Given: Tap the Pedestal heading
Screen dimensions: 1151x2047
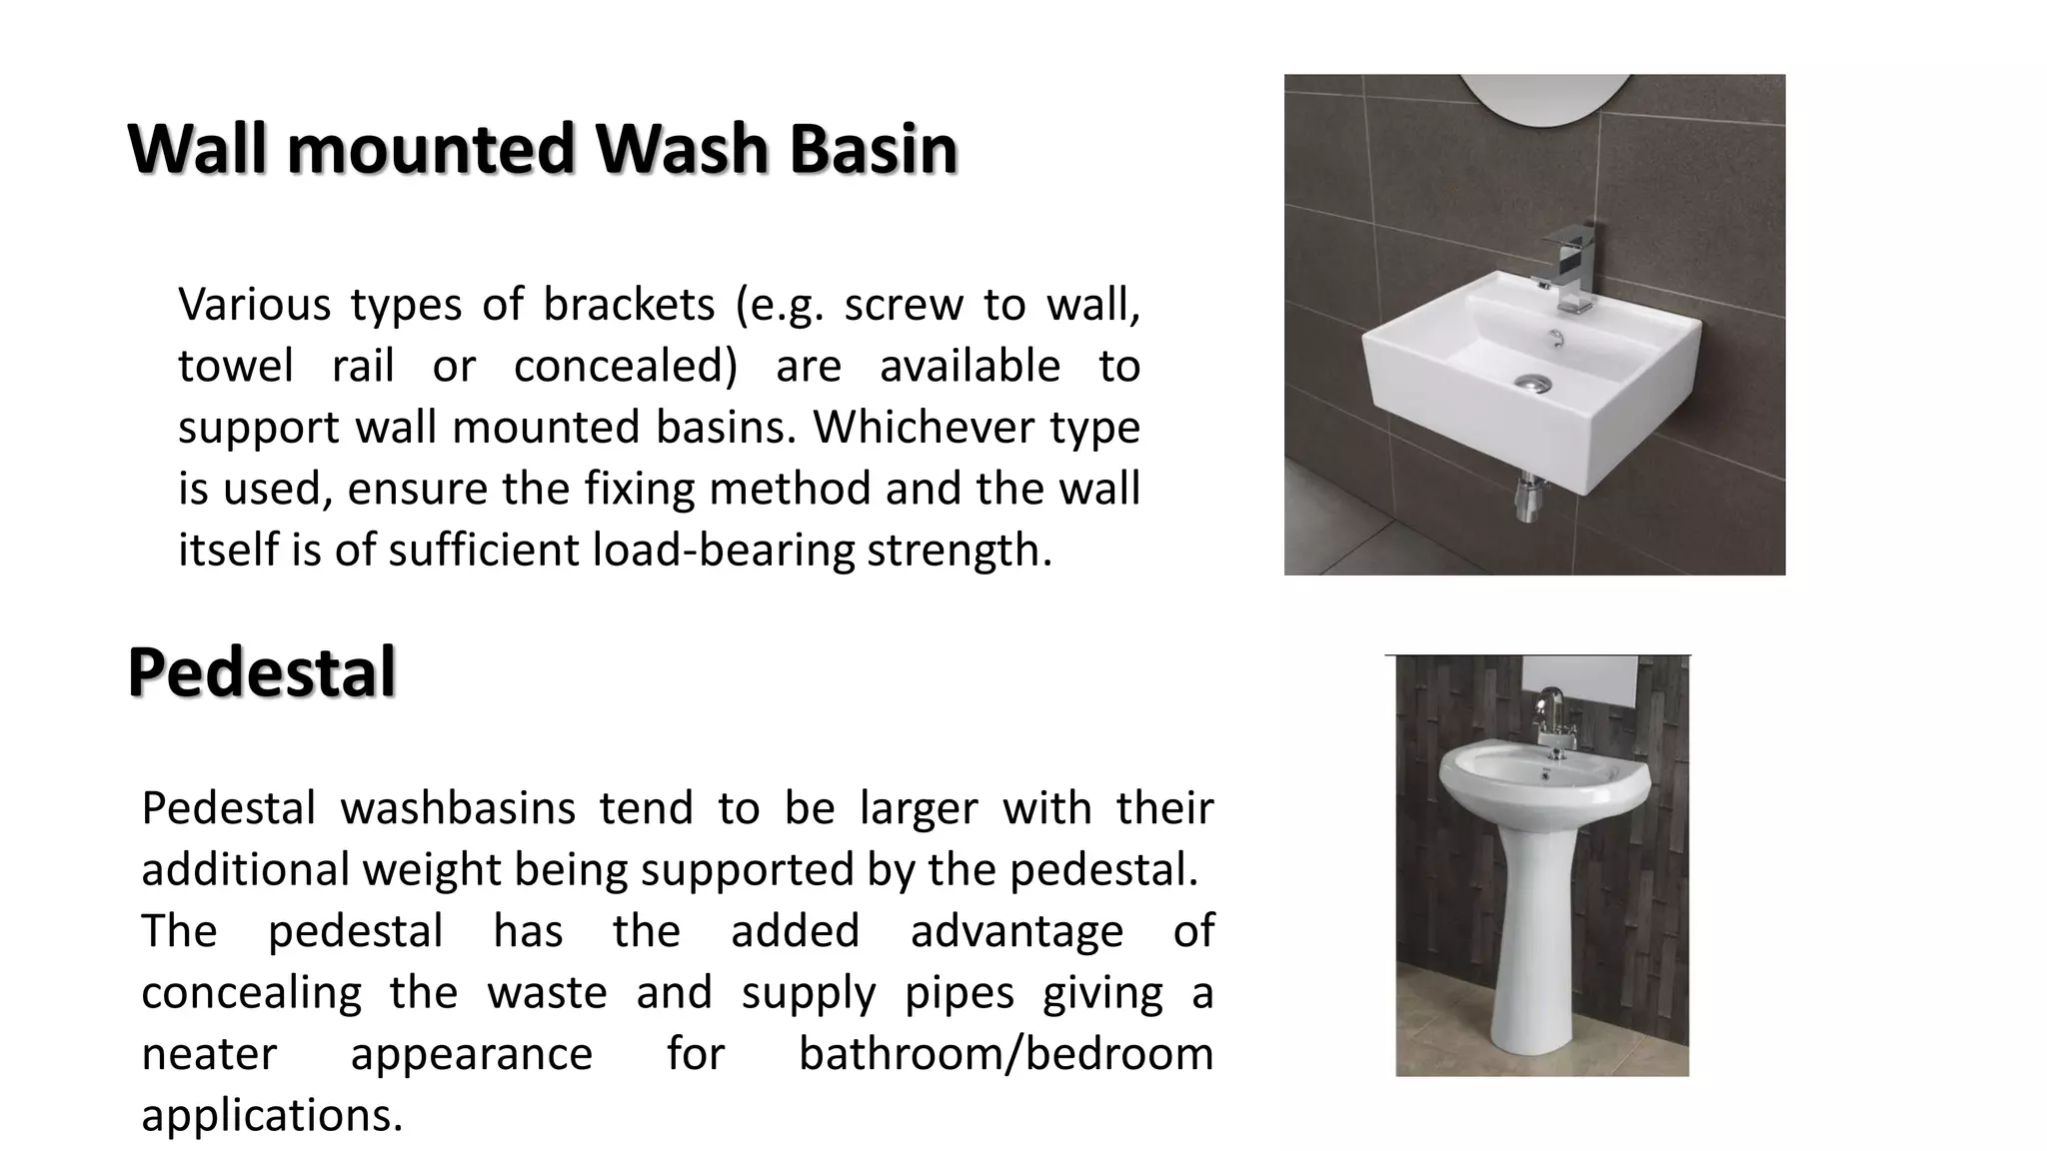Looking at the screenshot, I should pyautogui.click(x=262, y=672).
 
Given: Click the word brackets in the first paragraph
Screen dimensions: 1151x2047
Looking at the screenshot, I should pyautogui.click(x=629, y=304).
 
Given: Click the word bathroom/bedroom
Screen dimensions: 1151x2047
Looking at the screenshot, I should pyautogui.click(x=1006, y=1054).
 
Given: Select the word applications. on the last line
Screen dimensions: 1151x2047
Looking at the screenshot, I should pyautogui.click(x=272, y=1115).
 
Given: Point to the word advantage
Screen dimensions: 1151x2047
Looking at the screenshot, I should pyautogui.click(x=1017, y=931).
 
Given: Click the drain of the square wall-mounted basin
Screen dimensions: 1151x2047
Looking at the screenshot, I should pyautogui.click(x=1531, y=382).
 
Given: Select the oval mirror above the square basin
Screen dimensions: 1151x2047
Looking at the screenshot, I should pyautogui.click(x=1533, y=98).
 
